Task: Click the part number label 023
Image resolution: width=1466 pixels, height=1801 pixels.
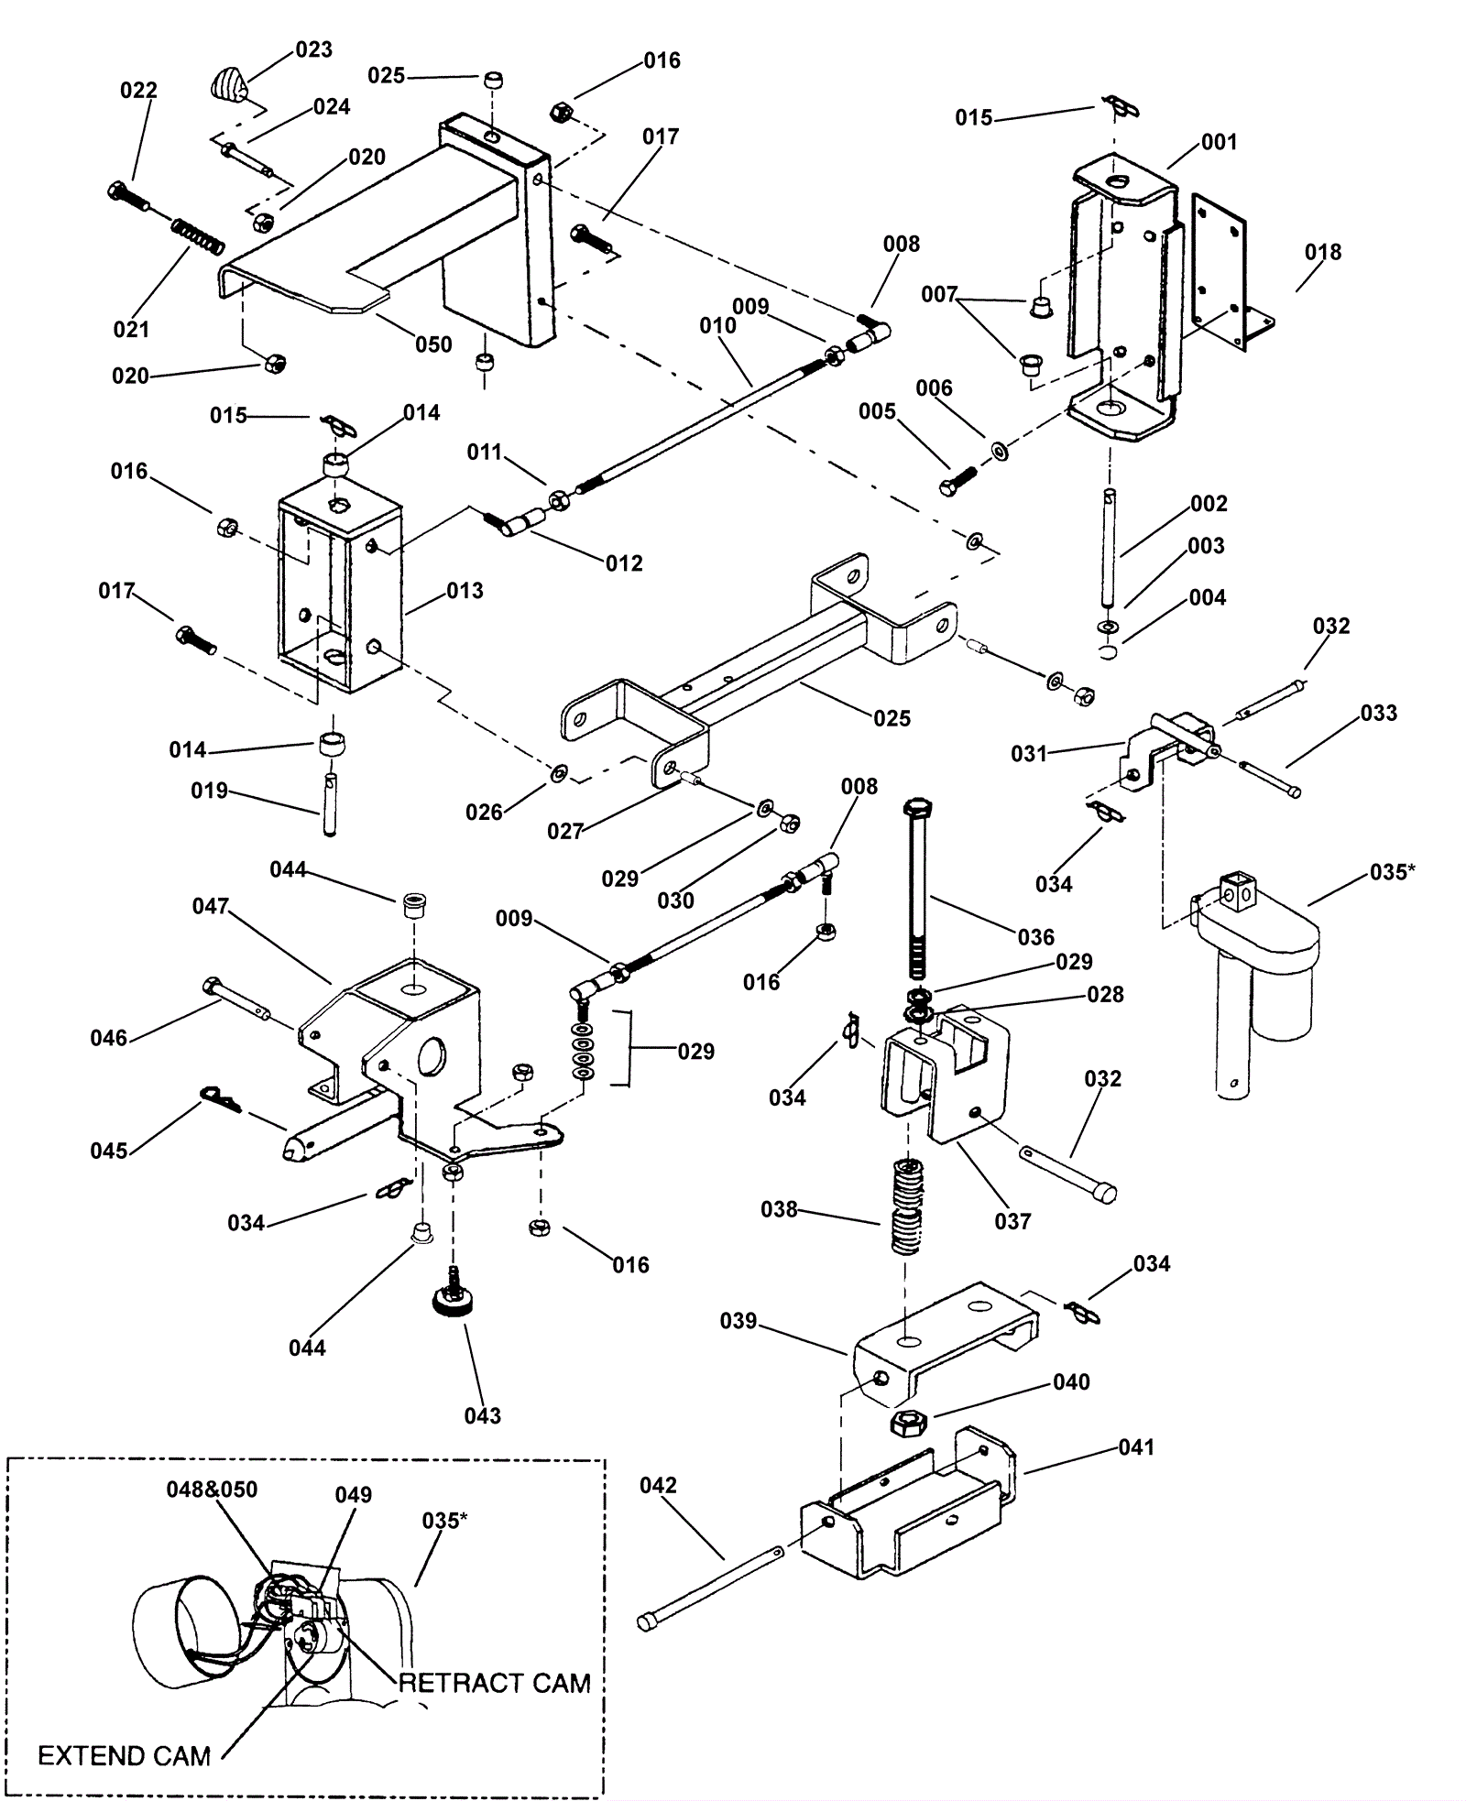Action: [x=313, y=49]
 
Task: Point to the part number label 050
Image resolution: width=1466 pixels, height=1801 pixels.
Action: [x=433, y=344]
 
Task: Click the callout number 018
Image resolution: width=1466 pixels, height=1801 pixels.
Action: [x=1323, y=252]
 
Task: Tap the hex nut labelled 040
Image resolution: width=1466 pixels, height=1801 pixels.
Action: [x=911, y=1423]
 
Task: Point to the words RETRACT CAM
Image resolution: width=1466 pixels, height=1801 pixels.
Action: [x=496, y=1683]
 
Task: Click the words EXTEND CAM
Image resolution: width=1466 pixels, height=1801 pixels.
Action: [x=125, y=1756]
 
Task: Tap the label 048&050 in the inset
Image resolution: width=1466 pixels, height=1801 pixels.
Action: [x=212, y=1490]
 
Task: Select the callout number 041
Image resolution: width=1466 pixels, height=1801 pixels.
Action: [x=1136, y=1447]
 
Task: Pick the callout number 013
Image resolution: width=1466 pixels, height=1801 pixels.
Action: [x=465, y=591]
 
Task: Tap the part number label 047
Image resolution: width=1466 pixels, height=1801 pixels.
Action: [x=210, y=906]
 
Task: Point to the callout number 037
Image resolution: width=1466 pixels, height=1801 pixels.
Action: [x=1012, y=1221]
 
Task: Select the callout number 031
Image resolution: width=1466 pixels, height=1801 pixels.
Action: [x=1029, y=753]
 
